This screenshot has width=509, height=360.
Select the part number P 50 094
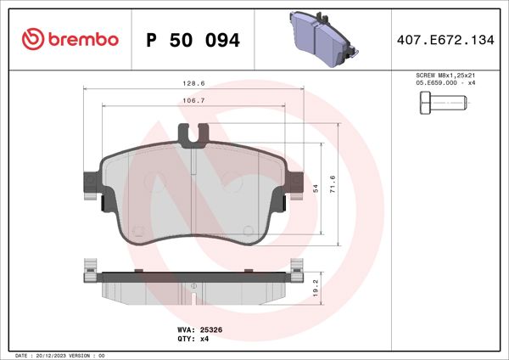pyautogui.click(x=193, y=40)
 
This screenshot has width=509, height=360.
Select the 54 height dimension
pyautogui.click(x=316, y=190)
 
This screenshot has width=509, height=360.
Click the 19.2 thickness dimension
pyautogui.click(x=316, y=286)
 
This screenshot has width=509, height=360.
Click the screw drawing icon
pyautogui.click(x=443, y=105)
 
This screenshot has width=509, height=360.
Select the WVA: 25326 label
pyautogui.click(x=199, y=329)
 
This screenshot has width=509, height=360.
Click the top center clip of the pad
pyautogui.click(x=196, y=133)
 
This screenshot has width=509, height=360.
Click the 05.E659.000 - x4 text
pyautogui.click(x=445, y=83)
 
